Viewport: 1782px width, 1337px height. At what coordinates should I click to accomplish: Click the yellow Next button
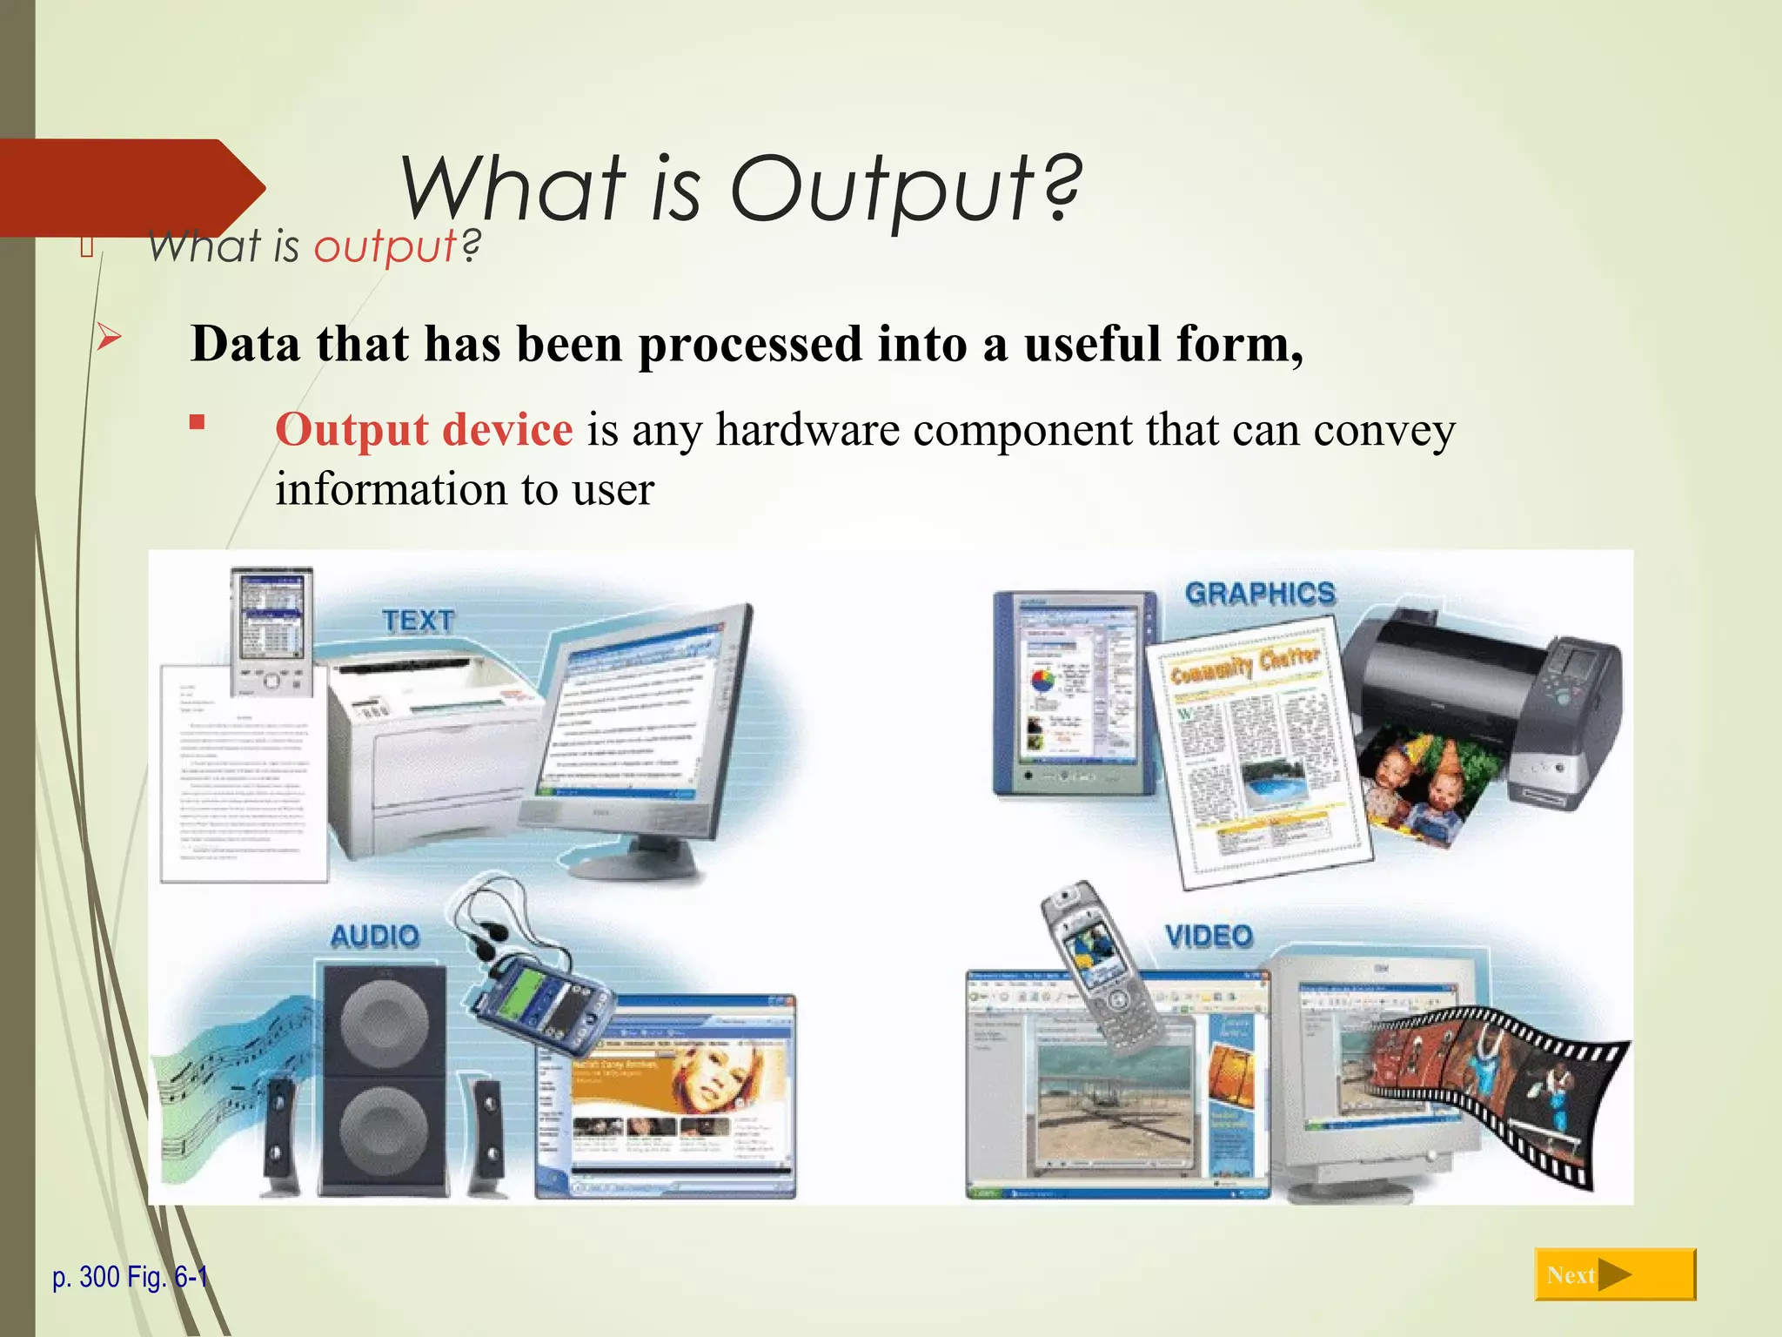1615,1275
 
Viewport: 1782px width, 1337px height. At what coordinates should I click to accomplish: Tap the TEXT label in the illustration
419,621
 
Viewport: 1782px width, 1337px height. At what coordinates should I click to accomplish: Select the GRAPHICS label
1259,594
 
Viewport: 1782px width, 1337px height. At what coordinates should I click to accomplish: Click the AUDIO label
375,937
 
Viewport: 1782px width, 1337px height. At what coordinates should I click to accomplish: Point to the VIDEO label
1209,937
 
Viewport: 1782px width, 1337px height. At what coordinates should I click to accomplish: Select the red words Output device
424,429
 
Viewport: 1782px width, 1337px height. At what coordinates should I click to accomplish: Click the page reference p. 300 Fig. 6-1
131,1277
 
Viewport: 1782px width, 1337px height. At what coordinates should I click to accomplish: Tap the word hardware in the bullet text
807,429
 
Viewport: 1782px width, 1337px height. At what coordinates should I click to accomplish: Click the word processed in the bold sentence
750,344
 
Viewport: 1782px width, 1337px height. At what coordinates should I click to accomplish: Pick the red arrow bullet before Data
109,336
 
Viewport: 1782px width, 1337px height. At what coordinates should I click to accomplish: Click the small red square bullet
198,423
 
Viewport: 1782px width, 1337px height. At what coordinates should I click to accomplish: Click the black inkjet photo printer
1488,696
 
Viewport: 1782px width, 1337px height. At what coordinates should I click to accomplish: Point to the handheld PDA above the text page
271,631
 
